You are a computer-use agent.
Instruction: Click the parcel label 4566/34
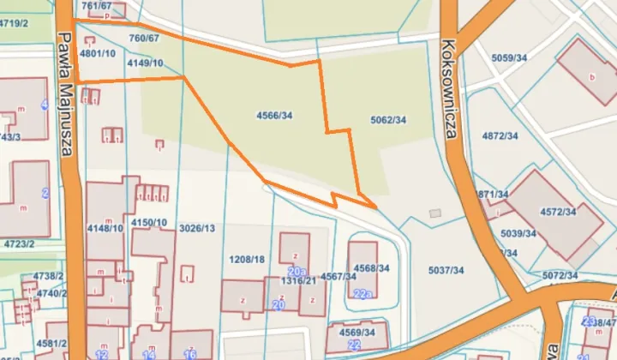(274, 115)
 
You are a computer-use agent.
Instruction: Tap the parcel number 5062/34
(388, 120)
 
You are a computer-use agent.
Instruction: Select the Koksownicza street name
(452, 81)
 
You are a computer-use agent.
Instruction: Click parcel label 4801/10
(97, 53)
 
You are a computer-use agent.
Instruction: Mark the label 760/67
(144, 39)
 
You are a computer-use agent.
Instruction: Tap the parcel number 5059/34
(509, 57)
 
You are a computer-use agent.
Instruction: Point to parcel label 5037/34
(446, 270)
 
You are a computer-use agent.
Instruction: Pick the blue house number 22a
(362, 294)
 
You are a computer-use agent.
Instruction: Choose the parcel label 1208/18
(248, 259)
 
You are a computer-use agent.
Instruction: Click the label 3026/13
(197, 229)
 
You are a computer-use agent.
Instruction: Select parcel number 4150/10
(149, 223)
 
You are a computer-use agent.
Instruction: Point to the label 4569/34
(356, 332)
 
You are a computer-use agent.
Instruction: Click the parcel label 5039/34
(518, 233)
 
